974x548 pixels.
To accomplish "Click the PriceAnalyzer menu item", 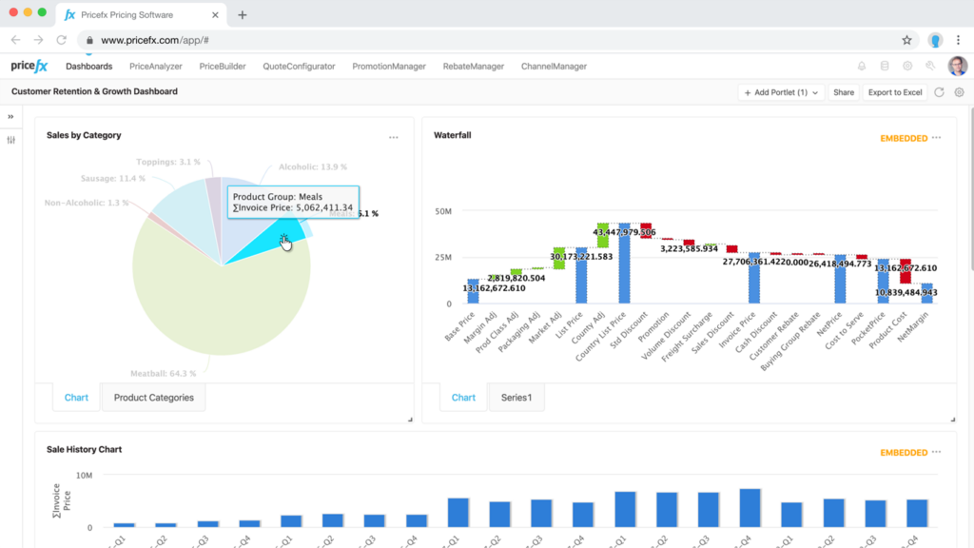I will click(154, 67).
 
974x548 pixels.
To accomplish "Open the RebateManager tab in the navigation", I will click(473, 67).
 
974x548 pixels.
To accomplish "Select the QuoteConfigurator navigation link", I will click(299, 67).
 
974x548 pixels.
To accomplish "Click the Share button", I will click(844, 92).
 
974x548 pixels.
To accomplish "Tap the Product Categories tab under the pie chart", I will click(153, 398).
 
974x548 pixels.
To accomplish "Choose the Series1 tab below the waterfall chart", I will click(516, 398).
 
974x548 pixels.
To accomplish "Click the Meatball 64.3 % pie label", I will click(163, 373).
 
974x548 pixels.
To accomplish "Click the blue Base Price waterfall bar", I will click(473, 291).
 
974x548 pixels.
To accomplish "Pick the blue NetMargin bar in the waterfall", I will click(926, 293).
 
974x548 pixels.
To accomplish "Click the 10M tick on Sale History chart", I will click(83, 476).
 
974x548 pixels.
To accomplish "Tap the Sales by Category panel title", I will click(84, 135).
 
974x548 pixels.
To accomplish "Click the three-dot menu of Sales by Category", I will click(394, 138).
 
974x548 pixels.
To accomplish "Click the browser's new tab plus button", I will click(243, 15).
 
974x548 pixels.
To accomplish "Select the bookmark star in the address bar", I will click(906, 41).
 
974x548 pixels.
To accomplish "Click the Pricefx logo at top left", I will click(29, 67).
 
